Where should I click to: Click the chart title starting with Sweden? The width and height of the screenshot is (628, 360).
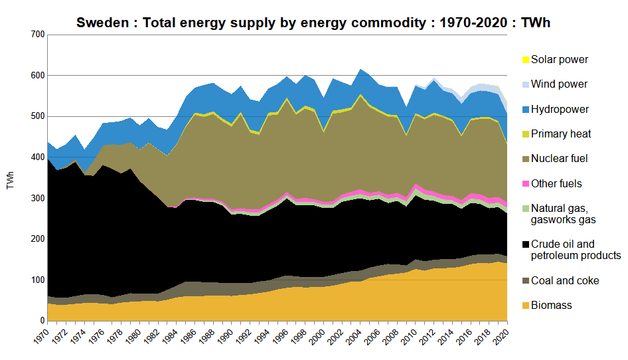pos(313,23)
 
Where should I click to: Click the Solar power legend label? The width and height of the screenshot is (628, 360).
pos(560,60)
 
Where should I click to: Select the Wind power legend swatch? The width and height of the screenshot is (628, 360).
pos(526,84)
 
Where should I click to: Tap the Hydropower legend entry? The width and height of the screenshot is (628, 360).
pos(560,109)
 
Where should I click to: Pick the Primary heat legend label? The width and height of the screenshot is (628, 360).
pos(561,134)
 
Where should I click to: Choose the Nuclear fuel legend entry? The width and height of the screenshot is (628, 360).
pos(559,159)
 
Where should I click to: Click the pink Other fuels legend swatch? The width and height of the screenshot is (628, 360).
pos(526,183)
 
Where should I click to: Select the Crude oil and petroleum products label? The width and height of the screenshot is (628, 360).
pos(576,250)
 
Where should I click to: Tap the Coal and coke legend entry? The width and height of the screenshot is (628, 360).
pos(565,280)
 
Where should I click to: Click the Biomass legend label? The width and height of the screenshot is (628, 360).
pos(551,305)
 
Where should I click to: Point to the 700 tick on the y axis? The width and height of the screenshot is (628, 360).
pos(37,35)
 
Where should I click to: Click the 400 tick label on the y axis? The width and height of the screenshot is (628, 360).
pos(37,157)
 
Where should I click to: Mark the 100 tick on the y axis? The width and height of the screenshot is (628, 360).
pos(37,280)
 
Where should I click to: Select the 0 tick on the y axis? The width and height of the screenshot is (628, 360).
pos(42,321)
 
